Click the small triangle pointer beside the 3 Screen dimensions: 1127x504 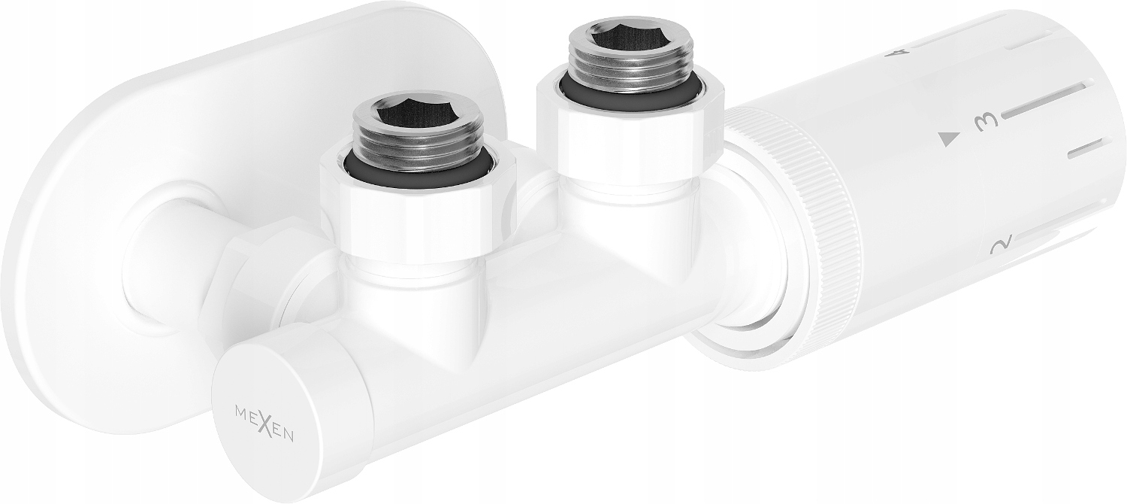tap(950, 138)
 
